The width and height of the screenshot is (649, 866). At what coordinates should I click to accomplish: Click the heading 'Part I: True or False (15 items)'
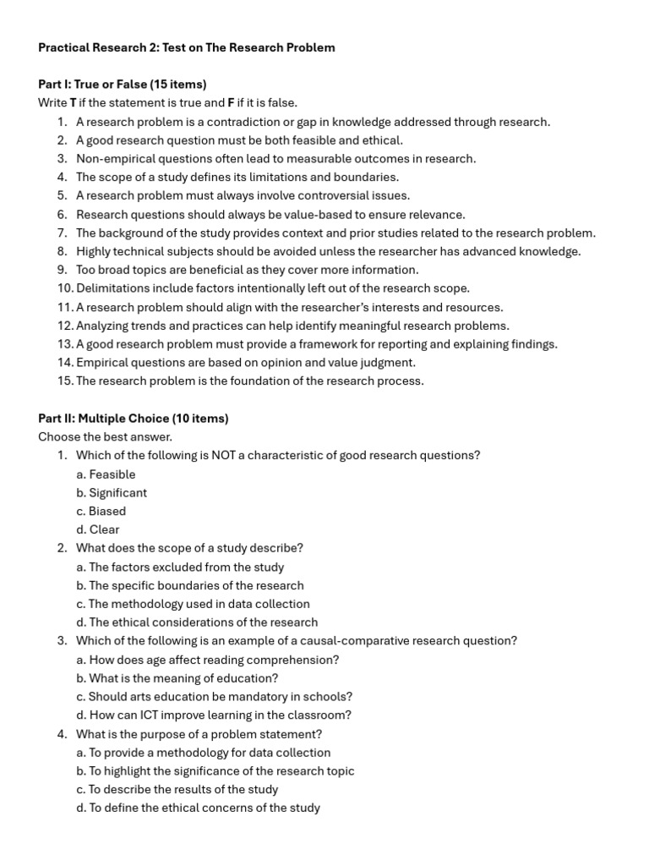point(123,85)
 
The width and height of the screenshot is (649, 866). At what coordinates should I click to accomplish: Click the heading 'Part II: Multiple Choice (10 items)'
point(134,418)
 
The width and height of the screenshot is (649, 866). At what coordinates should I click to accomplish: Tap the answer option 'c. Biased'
point(101,511)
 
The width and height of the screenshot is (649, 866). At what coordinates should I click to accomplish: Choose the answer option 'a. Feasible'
point(106,474)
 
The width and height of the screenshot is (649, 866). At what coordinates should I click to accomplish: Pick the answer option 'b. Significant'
point(112,492)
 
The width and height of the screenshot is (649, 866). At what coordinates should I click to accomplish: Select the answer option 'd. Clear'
point(98,529)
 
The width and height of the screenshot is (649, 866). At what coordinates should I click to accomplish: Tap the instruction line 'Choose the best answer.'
point(105,436)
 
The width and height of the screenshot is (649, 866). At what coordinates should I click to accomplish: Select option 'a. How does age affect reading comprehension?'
point(208,660)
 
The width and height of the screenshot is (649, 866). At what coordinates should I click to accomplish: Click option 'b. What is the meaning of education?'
point(177,678)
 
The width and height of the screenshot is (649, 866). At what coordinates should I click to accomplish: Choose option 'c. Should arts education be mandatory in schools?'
point(214,697)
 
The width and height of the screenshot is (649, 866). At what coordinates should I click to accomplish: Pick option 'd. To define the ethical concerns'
point(198,808)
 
